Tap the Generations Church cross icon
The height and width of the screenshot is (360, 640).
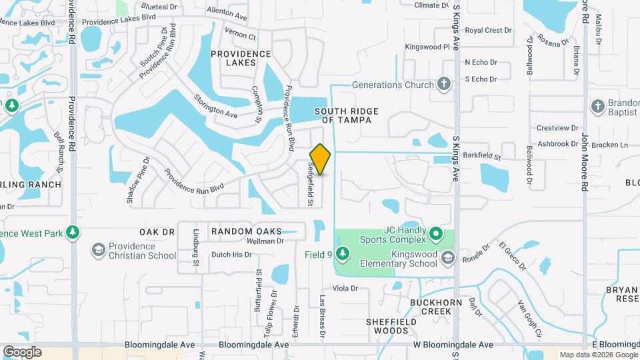pyautogui.click(x=444, y=85)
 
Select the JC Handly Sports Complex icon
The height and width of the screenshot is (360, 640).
pyautogui.click(x=436, y=233)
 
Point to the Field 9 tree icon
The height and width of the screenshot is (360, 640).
pyautogui.click(x=343, y=253)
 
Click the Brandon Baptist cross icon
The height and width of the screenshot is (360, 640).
pyautogui.click(x=597, y=105)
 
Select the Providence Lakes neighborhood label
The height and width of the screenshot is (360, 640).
pyautogui.click(x=231, y=58)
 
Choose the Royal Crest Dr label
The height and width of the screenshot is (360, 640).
pyautogui.click(x=488, y=31)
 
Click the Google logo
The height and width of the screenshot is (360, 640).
pyautogui.click(x=22, y=351)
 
